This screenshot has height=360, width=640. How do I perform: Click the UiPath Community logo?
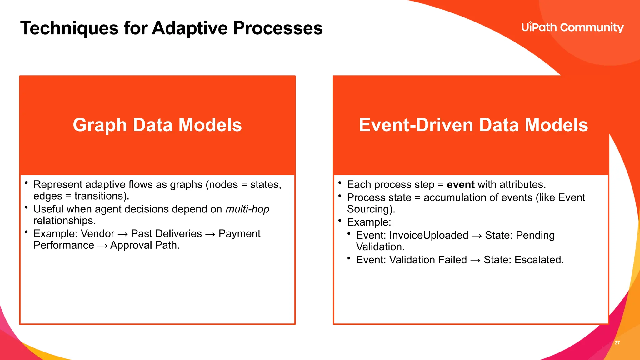pos(572,27)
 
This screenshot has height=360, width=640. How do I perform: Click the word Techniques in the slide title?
pos(69,28)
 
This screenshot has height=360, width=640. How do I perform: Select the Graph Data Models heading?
pos(157,125)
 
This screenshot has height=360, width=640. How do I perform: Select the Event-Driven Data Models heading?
pos(473,125)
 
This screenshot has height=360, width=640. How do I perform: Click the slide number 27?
pos(617,343)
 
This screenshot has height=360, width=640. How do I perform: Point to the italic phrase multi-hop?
pos(247,209)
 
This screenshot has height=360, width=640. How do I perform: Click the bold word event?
pos(461,185)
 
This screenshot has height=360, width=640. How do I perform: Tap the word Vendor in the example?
pos(97,234)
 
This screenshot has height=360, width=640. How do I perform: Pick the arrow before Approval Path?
pos(102,246)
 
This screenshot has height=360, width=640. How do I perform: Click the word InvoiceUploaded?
pos(429,235)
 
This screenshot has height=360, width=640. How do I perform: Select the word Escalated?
pos(539,260)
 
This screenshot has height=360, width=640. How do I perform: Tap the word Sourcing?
pos(370,209)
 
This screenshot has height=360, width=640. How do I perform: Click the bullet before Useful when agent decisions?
pos(27,207)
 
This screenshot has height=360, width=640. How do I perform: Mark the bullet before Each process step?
pos(340,183)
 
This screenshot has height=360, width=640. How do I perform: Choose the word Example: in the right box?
pos(369,222)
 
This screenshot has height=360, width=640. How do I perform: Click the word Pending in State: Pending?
pos(535,235)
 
